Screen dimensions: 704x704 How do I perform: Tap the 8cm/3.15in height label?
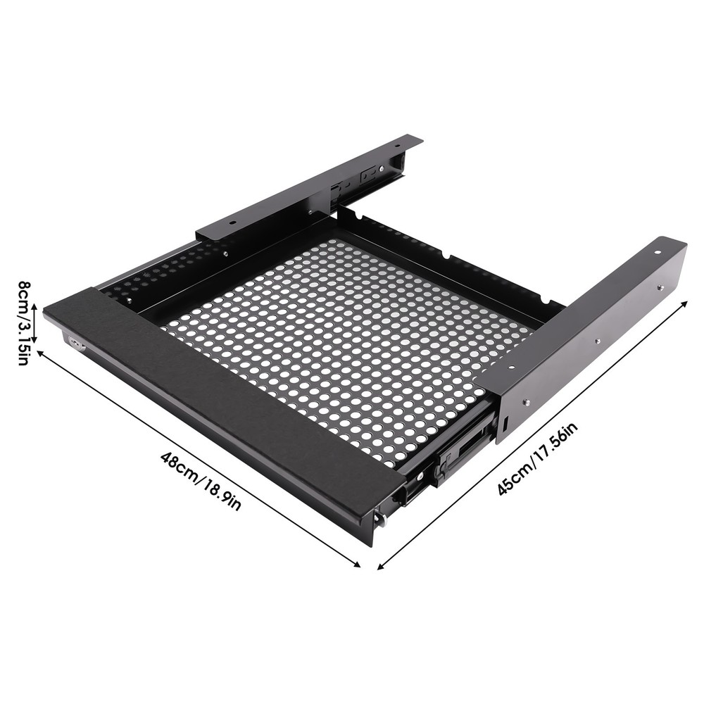24,322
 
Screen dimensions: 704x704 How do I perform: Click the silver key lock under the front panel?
75,344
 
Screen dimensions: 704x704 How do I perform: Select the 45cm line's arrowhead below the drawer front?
381,566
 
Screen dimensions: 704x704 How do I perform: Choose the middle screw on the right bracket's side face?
597,343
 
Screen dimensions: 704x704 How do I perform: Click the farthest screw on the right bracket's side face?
660,287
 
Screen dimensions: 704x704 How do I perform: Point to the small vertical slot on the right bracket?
505,424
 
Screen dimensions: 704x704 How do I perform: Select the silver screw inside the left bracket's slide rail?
381,169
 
